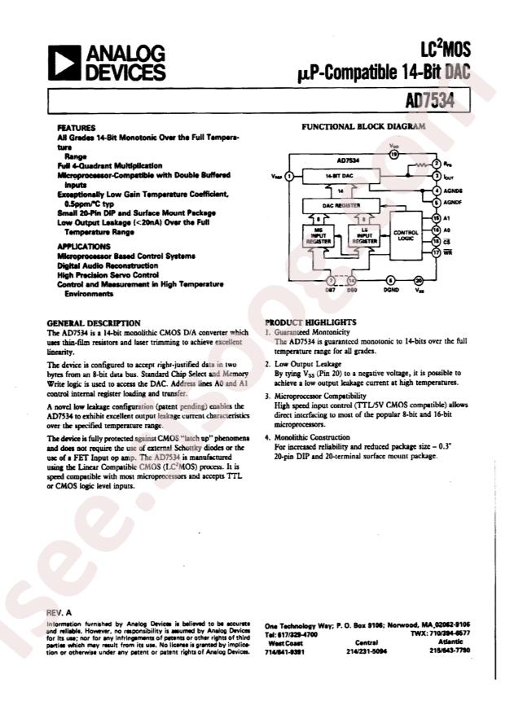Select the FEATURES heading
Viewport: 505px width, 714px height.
point(77,129)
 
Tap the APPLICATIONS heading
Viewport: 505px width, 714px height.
point(85,246)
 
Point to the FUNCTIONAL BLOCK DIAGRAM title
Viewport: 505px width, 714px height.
point(364,128)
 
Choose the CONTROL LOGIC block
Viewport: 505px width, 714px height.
point(406,234)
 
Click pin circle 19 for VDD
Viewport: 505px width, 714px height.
point(394,153)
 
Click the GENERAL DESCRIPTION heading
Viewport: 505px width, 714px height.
point(94,323)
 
